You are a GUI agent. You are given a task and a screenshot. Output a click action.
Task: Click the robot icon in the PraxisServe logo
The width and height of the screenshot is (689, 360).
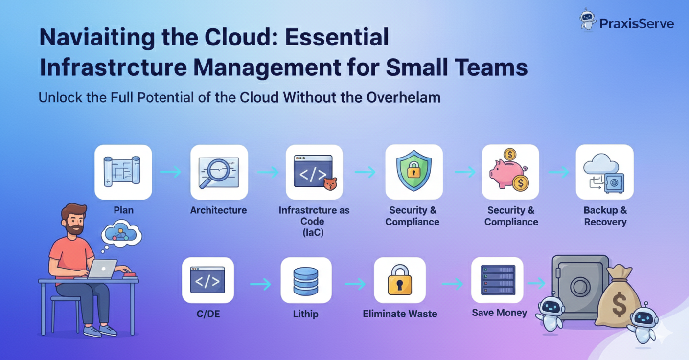pos(588,20)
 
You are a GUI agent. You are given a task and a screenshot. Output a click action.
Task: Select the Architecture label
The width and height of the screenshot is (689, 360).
pos(218,210)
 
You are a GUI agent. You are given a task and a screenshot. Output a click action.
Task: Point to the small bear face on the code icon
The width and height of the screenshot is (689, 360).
pos(331,184)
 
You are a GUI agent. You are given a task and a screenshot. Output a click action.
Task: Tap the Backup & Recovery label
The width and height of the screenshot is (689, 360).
pos(605,216)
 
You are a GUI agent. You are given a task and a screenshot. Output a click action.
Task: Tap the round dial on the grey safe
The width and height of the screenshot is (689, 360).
pos(580,287)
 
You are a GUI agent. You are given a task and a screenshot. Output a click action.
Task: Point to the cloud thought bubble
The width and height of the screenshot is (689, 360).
pos(121,234)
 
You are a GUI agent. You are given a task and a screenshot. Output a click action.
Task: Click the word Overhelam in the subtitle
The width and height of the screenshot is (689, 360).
pos(403,97)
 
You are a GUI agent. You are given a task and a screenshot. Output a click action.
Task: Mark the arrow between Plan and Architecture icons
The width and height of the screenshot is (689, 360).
pos(170,172)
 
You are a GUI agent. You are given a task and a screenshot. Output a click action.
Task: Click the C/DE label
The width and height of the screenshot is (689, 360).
pos(207,314)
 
